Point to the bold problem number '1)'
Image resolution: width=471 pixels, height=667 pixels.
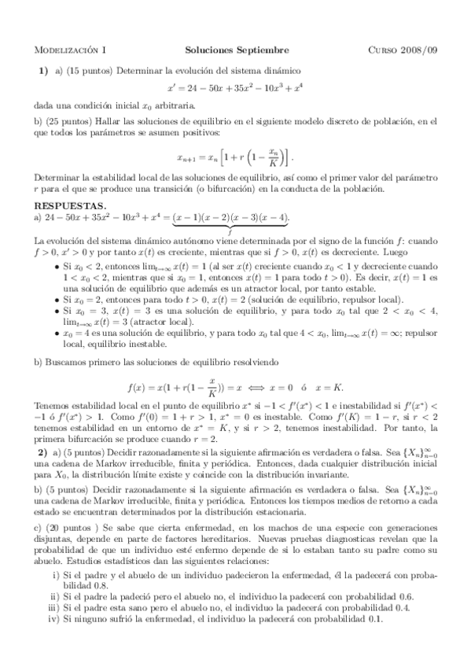(45, 70)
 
